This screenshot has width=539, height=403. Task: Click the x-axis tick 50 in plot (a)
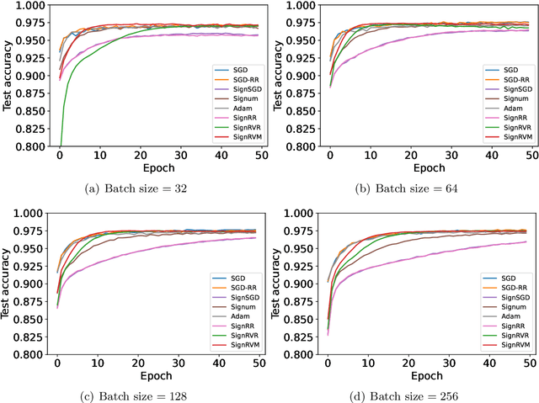coord(261,156)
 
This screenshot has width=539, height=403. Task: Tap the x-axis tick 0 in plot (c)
coord(57,364)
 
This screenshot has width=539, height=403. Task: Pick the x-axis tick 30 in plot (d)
coord(451,364)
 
